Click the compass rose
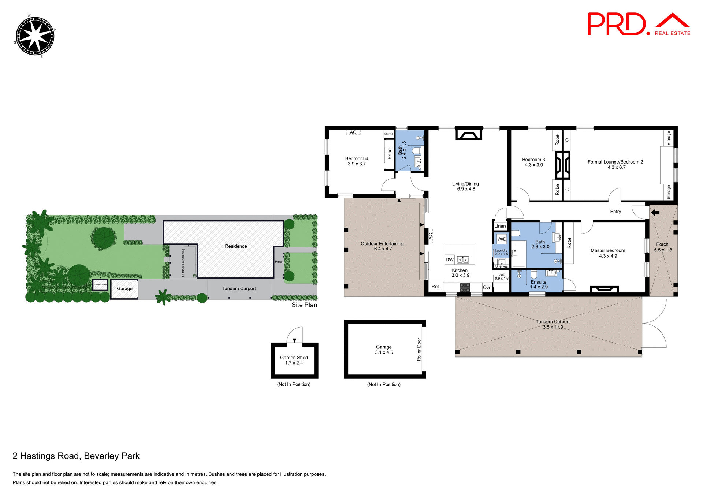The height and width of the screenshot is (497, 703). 35,36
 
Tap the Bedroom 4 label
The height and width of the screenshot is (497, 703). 356,159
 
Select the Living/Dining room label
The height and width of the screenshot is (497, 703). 465,184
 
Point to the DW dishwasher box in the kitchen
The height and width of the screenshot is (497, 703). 450,259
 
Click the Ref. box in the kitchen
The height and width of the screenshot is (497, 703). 435,287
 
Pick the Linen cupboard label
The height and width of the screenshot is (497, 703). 500,226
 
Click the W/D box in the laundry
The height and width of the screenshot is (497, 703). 502,239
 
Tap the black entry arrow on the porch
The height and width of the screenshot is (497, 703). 655,212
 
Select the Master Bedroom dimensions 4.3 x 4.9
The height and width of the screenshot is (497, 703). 608,256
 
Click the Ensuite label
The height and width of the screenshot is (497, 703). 538,282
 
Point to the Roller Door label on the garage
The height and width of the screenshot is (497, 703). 419,350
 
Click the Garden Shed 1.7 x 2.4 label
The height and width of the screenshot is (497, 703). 294,360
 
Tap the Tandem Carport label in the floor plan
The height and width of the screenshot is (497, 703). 553,322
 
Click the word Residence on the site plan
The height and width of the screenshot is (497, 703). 236,246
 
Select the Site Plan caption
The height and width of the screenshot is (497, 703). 304,305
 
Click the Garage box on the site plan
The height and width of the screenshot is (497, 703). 124,289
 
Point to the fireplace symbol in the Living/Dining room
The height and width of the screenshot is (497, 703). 468,135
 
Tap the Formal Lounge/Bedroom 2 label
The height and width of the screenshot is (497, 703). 615,162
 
